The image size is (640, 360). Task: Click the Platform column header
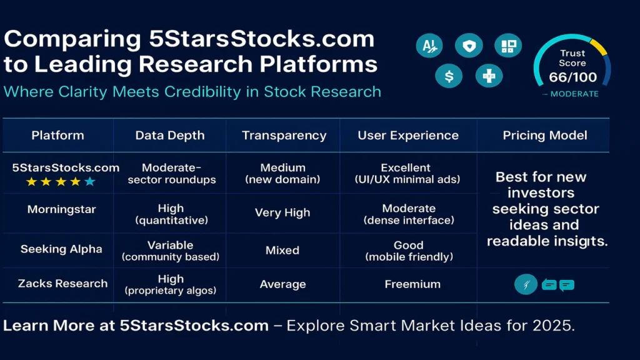(57, 136)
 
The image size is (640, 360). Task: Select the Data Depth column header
(169, 136)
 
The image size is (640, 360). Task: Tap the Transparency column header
(284, 136)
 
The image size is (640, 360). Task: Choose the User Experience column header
(407, 136)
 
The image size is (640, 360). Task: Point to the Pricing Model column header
(544, 136)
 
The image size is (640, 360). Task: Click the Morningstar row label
(61, 209)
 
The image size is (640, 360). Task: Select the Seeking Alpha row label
(61, 249)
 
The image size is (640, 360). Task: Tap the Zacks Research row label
(62, 283)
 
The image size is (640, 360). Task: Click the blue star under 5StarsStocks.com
(90, 182)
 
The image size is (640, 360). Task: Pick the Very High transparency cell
(282, 212)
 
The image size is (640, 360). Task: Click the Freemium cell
(412, 284)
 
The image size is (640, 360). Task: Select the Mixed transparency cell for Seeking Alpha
(282, 250)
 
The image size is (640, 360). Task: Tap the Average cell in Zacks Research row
(282, 284)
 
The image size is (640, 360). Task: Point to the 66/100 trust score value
(572, 77)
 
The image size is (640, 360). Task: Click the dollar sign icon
(449, 76)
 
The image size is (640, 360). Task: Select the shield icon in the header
(468, 46)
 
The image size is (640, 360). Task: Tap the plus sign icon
(489, 76)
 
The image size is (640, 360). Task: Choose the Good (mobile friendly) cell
(409, 251)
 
